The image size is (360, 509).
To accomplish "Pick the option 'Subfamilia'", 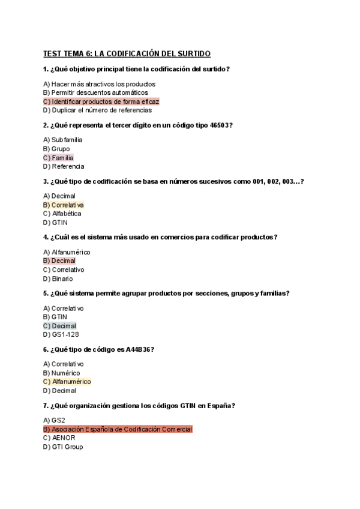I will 67,140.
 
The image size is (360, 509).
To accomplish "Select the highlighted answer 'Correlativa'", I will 67,205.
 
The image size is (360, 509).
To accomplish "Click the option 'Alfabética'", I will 66,213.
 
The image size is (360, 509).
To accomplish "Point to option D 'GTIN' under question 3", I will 59,222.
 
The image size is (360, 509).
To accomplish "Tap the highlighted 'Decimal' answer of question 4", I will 63,261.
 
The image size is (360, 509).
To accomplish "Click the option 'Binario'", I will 62,279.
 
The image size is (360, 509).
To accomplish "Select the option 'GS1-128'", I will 65,334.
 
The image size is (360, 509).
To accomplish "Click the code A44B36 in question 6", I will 139,349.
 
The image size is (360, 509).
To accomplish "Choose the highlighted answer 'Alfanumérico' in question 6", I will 71,381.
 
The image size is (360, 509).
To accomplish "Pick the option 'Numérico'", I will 67,373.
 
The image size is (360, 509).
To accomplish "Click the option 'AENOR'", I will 63,438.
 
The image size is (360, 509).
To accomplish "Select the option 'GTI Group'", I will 67,447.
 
